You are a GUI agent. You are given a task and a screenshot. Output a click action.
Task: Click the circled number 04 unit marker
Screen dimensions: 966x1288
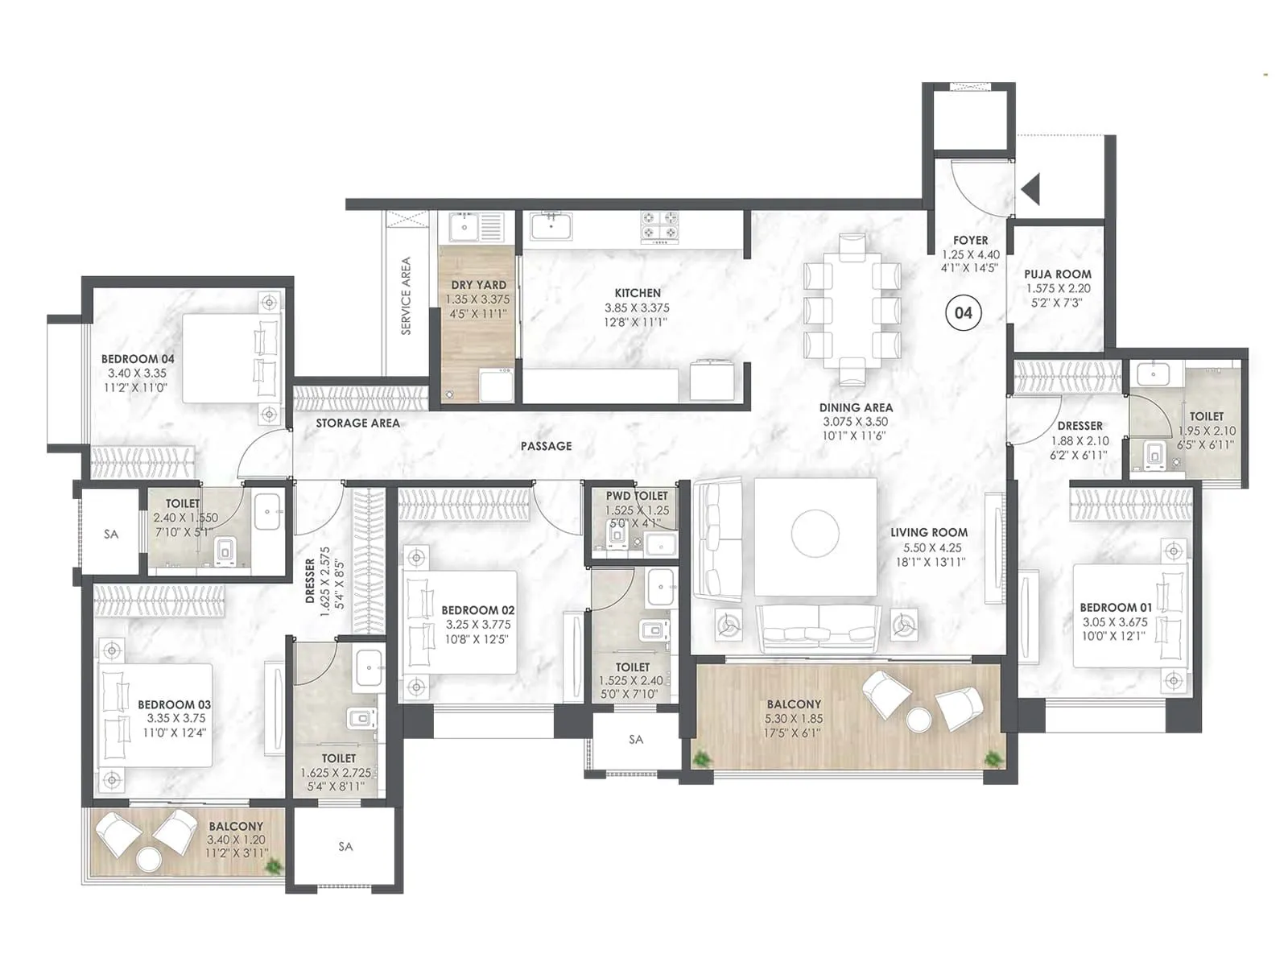click(963, 313)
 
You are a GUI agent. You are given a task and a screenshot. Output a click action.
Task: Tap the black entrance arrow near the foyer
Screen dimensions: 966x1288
click(1030, 190)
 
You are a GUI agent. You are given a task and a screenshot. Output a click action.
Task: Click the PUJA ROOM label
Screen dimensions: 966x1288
click(1057, 274)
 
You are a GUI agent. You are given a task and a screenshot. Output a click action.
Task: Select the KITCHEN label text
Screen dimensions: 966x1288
click(638, 293)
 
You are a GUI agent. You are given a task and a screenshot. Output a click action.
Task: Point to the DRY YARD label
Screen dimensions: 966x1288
click(478, 285)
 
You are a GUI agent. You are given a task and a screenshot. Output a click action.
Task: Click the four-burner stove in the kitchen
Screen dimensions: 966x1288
click(659, 227)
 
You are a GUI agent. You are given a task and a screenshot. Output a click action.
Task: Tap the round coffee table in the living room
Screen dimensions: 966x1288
click(815, 533)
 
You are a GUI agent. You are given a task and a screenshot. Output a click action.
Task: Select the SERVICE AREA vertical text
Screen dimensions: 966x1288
click(406, 295)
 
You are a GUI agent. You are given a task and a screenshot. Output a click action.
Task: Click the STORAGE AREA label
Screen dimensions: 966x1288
click(357, 423)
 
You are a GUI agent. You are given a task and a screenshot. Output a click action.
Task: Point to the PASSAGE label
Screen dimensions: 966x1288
click(546, 446)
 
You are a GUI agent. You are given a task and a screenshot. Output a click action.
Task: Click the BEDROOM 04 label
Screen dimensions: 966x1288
click(138, 359)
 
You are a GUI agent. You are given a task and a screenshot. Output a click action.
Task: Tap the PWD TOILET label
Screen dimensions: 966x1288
click(637, 496)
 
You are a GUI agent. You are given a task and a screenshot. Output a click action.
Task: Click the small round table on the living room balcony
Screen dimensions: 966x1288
click(918, 718)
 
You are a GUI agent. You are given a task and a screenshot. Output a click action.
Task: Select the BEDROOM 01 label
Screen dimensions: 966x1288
click(1115, 608)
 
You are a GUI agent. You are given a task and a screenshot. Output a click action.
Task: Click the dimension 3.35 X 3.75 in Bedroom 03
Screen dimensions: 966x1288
click(175, 718)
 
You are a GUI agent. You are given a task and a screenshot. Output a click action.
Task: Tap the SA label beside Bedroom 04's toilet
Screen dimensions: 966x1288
click(111, 534)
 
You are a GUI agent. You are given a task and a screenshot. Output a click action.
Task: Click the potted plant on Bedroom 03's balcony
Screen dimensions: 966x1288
click(275, 867)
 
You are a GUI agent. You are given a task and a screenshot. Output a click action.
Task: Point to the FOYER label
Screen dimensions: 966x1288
click(970, 240)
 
